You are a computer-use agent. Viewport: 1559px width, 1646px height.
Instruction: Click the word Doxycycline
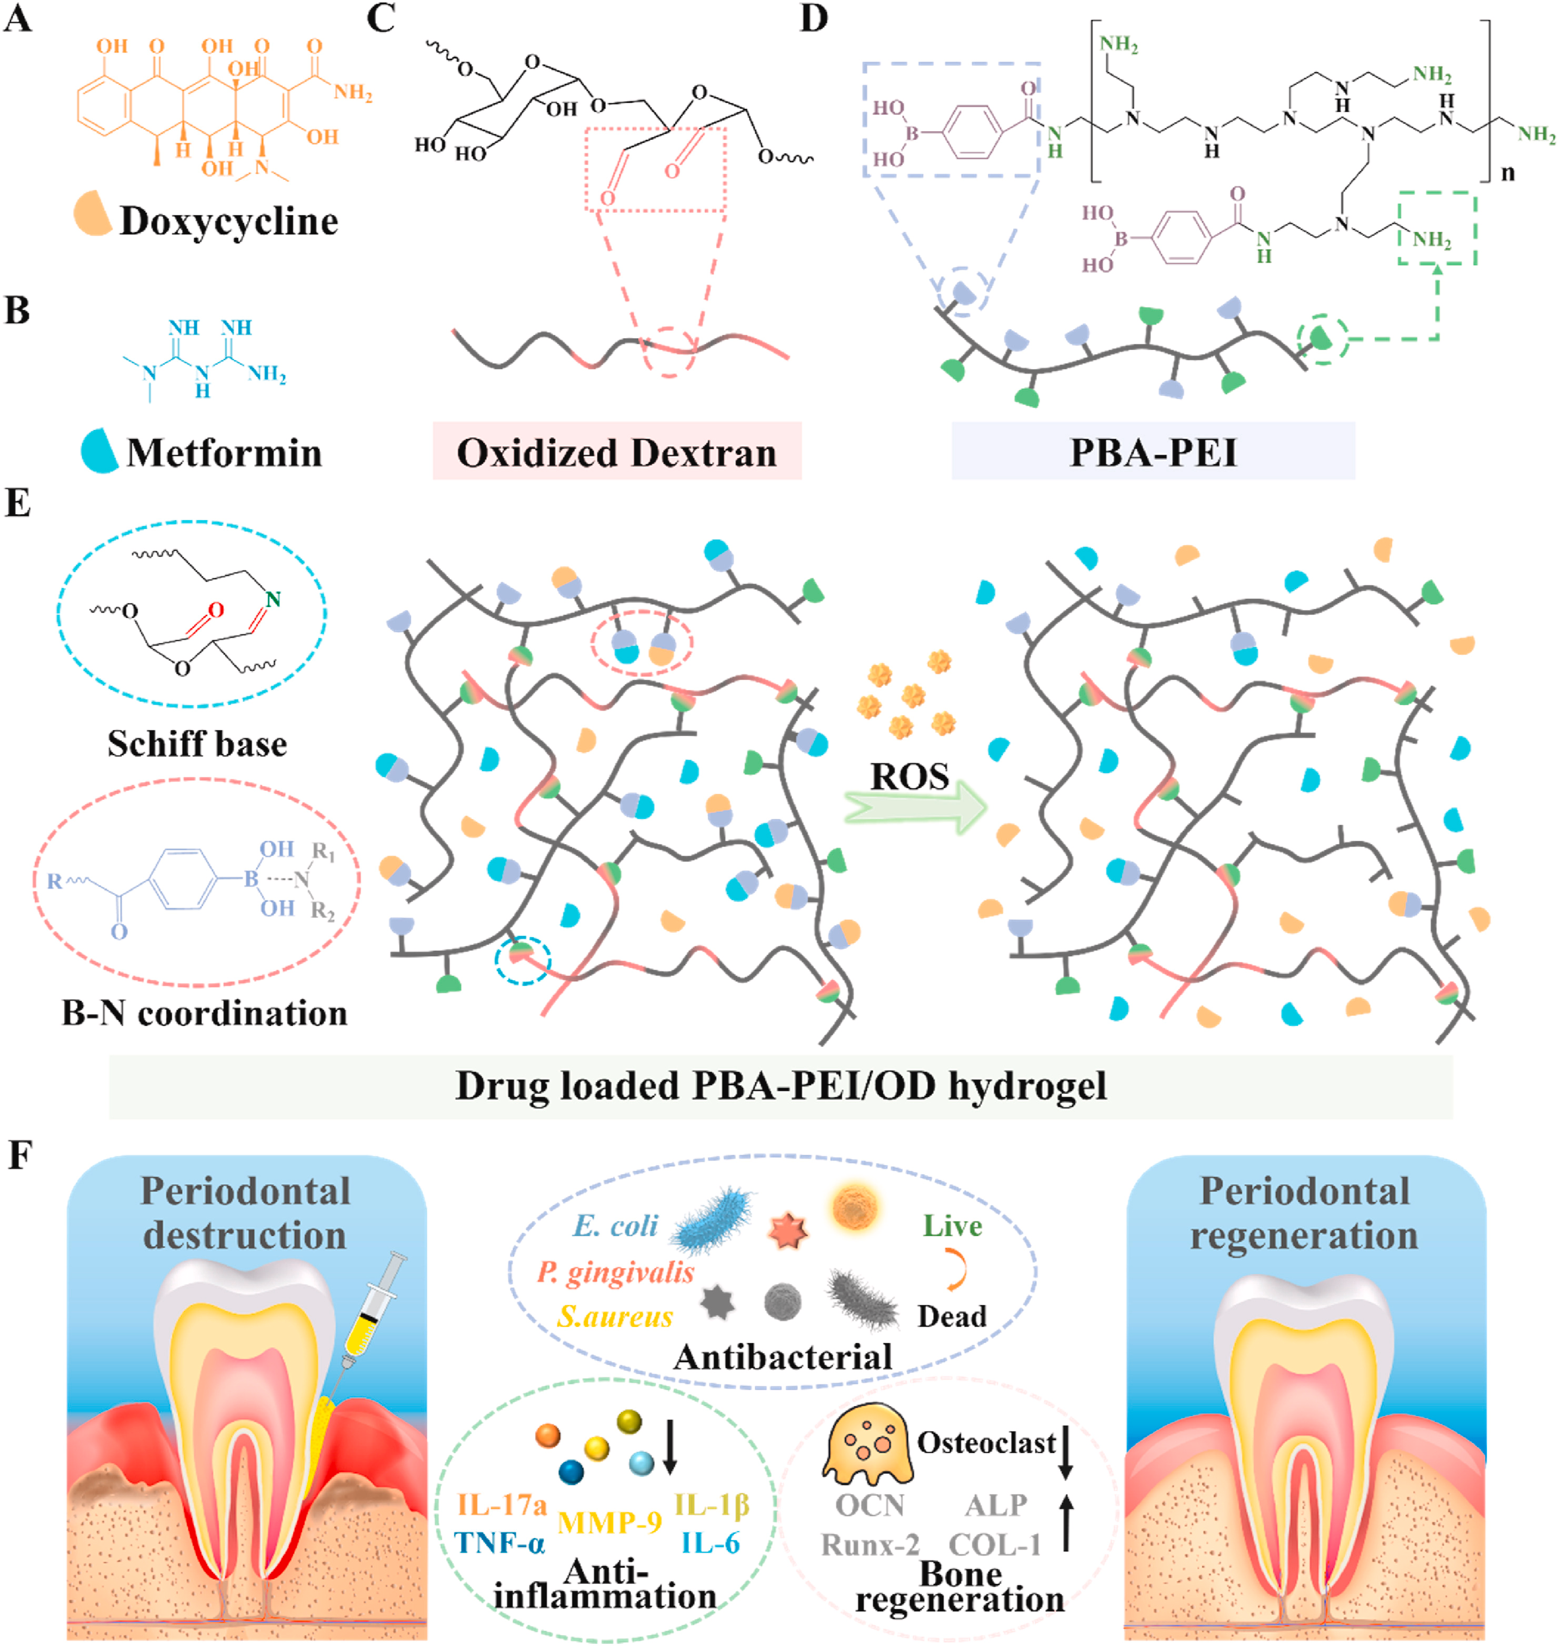(x=228, y=221)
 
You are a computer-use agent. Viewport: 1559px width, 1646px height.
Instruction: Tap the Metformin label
(x=224, y=453)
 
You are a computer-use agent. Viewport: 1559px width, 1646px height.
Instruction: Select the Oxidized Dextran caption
(x=617, y=453)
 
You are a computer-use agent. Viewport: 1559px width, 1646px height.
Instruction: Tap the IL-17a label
(x=502, y=1505)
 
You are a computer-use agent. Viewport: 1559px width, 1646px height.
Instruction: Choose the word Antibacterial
(x=783, y=1357)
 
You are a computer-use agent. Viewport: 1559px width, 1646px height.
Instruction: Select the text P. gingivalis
(x=615, y=1272)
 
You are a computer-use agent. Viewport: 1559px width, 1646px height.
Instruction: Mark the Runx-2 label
(x=870, y=1544)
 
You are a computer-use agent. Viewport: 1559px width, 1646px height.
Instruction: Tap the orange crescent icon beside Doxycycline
(x=92, y=214)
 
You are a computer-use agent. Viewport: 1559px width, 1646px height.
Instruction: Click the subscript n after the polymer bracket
(x=1507, y=173)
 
